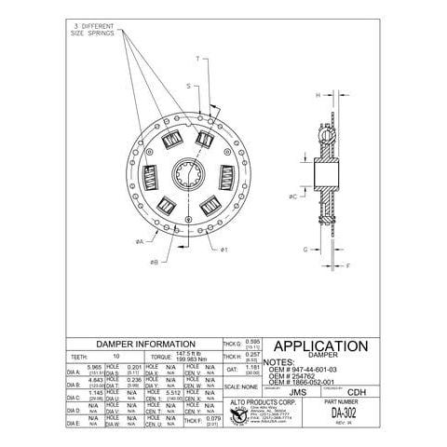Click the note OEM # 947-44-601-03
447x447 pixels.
(304, 369)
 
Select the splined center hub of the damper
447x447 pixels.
(181, 173)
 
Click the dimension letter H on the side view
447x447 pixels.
(317, 95)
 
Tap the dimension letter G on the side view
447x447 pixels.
(305, 249)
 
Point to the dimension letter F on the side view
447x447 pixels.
(348, 265)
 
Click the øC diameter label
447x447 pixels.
(293, 196)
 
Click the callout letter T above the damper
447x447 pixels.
(197, 58)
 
